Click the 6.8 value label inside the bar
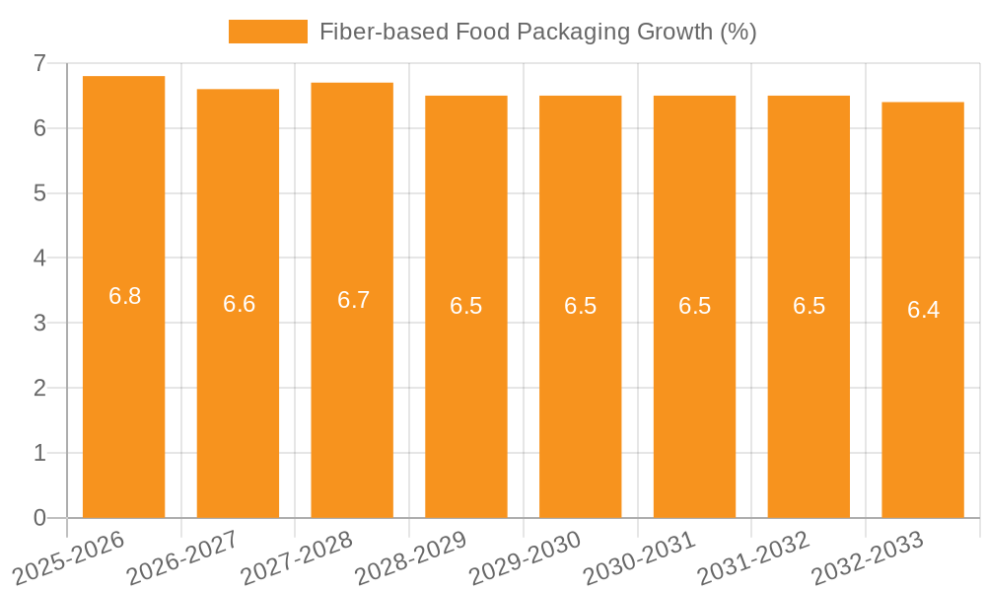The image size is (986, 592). [x=124, y=296]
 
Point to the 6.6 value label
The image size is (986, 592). [x=239, y=304]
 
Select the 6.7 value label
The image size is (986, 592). [x=353, y=300]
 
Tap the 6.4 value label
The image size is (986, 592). [x=923, y=310]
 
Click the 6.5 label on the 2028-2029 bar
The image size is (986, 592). [x=466, y=306]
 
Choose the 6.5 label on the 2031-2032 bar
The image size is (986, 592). [x=809, y=306]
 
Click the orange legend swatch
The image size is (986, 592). [x=267, y=32]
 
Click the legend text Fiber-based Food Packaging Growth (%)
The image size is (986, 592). [x=537, y=32]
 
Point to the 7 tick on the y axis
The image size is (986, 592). [x=39, y=63]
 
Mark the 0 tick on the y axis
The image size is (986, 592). [x=39, y=518]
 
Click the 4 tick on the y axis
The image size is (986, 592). [x=39, y=258]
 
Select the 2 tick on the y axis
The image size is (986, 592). [x=39, y=388]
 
